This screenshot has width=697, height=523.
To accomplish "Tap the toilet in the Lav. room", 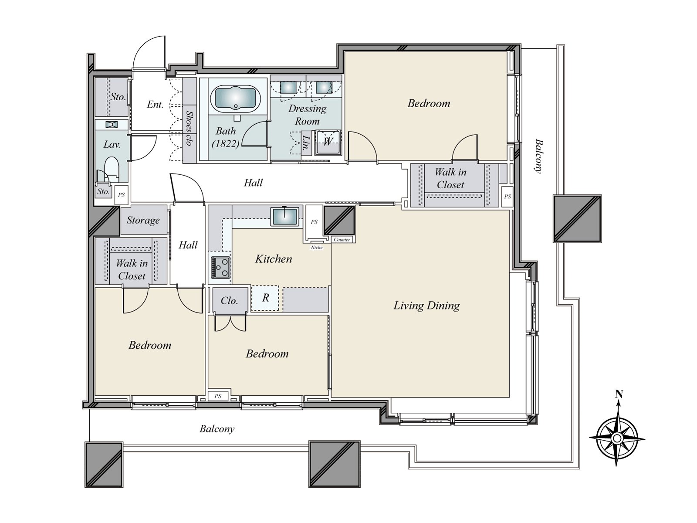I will (x=112, y=168).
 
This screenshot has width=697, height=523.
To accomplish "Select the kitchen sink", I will (x=285, y=217).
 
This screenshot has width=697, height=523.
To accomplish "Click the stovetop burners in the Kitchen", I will (x=221, y=267).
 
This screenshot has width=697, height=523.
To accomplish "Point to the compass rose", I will (x=617, y=438).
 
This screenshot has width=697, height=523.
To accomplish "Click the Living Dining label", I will (x=426, y=306).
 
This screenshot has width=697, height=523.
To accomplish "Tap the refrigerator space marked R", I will (x=265, y=298).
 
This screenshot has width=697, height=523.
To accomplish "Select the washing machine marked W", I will (x=327, y=142).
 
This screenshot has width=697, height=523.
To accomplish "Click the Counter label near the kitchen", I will (x=342, y=240).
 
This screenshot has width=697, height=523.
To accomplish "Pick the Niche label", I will (x=317, y=248).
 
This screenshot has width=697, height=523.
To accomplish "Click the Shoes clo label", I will (x=189, y=128).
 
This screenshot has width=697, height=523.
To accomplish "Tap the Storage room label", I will (x=143, y=220).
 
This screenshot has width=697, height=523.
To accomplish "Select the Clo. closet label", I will (x=229, y=300).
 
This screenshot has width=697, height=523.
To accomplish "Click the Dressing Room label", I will (x=307, y=115).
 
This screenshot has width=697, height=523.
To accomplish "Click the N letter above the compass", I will (x=619, y=394).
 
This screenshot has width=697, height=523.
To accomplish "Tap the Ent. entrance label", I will (x=155, y=105).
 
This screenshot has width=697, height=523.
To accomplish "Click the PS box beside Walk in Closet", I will (x=508, y=197).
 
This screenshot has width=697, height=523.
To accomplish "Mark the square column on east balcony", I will (x=577, y=219).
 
